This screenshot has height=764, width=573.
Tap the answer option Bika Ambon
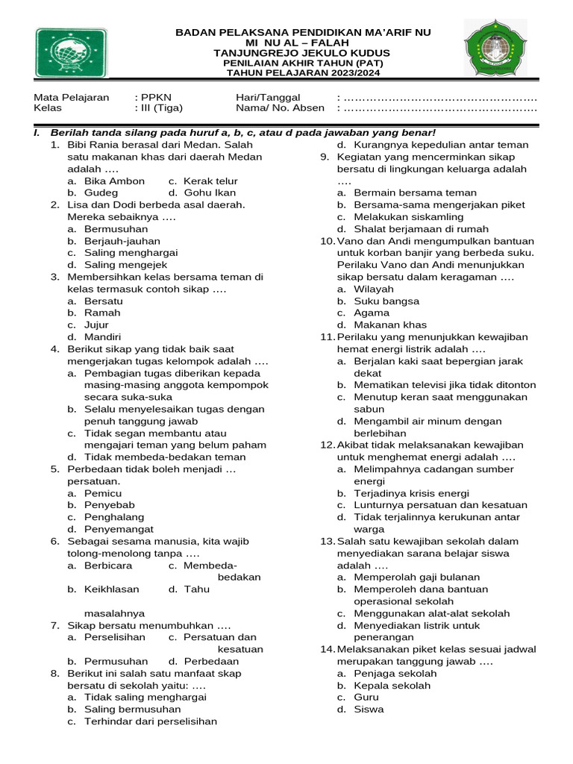114,181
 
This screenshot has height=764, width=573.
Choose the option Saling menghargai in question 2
125,252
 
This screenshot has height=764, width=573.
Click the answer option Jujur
96,325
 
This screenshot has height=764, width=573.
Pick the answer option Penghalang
114,517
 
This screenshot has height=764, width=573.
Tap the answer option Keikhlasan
112,589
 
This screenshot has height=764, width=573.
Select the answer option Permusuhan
116,661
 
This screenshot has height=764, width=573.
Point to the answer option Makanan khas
390,325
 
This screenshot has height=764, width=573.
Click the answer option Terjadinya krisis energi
411,493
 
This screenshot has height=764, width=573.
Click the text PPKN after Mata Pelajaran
155,97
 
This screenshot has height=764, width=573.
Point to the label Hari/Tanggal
268,97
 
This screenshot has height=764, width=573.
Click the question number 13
328,541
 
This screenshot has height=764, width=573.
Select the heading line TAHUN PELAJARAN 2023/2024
303,74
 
